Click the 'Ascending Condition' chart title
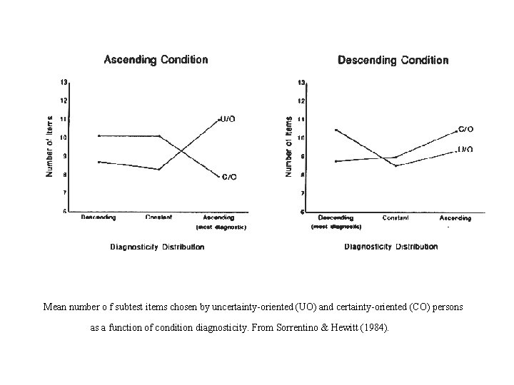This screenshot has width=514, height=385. [156, 60]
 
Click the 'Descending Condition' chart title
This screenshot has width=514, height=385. [393, 61]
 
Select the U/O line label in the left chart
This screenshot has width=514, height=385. [228, 118]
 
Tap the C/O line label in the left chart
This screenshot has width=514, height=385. [229, 176]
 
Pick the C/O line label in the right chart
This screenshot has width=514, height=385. [465, 130]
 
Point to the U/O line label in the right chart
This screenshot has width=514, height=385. [465, 150]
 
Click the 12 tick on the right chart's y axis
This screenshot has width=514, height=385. [301, 101]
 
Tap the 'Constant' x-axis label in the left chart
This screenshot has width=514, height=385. [158, 217]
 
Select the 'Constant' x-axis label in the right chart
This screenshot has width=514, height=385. [395, 217]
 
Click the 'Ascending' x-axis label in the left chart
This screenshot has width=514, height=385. [218, 217]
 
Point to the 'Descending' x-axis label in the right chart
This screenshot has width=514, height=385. [336, 217]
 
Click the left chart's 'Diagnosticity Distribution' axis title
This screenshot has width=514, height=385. [157, 247]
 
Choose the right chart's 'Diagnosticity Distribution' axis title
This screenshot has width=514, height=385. [391, 247]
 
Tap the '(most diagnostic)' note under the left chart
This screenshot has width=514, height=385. [221, 227]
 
